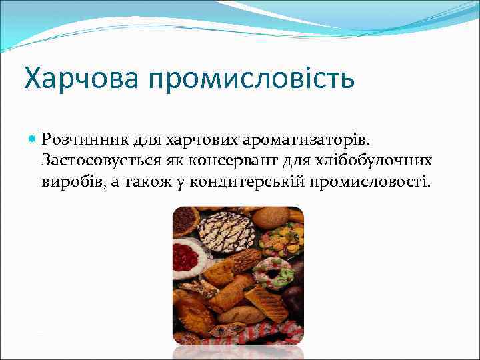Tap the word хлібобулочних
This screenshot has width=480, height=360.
coord(377,161)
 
